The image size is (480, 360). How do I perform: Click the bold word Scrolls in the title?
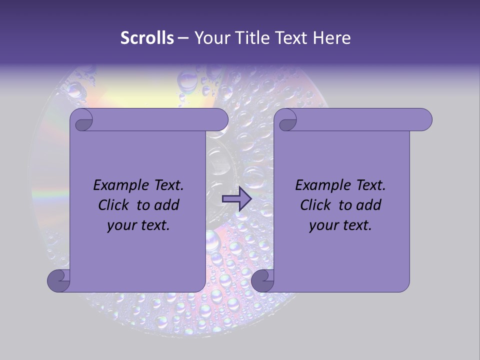(x=147, y=38)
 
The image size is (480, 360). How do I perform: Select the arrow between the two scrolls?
(x=236, y=199)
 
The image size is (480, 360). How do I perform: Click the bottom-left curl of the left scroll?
(x=58, y=281)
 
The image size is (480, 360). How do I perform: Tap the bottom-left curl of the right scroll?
(x=262, y=281)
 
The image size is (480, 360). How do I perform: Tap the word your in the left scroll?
(x=121, y=225)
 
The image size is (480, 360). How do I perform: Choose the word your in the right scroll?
(x=323, y=225)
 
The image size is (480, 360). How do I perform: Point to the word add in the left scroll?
(x=166, y=205)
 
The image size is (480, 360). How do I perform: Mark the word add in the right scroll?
(x=368, y=205)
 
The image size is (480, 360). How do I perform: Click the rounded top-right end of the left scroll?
(x=220, y=120)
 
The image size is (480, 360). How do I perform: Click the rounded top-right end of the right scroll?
(x=424, y=120)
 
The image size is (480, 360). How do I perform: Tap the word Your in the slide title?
(x=212, y=38)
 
